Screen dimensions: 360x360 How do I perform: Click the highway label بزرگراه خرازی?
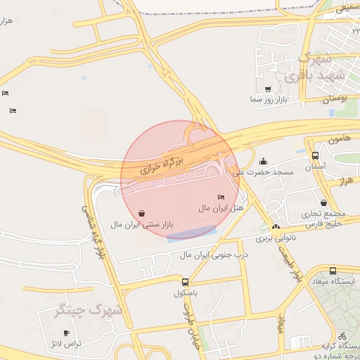[x=161, y=165]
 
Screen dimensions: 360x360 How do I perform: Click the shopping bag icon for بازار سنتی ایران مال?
[x=142, y=212]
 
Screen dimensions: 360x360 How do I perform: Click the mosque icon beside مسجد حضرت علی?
[x=264, y=161]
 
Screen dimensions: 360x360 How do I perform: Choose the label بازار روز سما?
[x=268, y=100]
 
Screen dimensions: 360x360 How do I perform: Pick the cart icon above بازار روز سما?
[x=268, y=89]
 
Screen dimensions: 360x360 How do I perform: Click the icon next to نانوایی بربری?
[x=276, y=226]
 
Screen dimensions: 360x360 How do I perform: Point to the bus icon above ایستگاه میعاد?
[x=333, y=271]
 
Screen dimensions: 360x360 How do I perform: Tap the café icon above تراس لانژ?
[x=67, y=333]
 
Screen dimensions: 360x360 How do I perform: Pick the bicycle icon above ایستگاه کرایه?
[x=342, y=336]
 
